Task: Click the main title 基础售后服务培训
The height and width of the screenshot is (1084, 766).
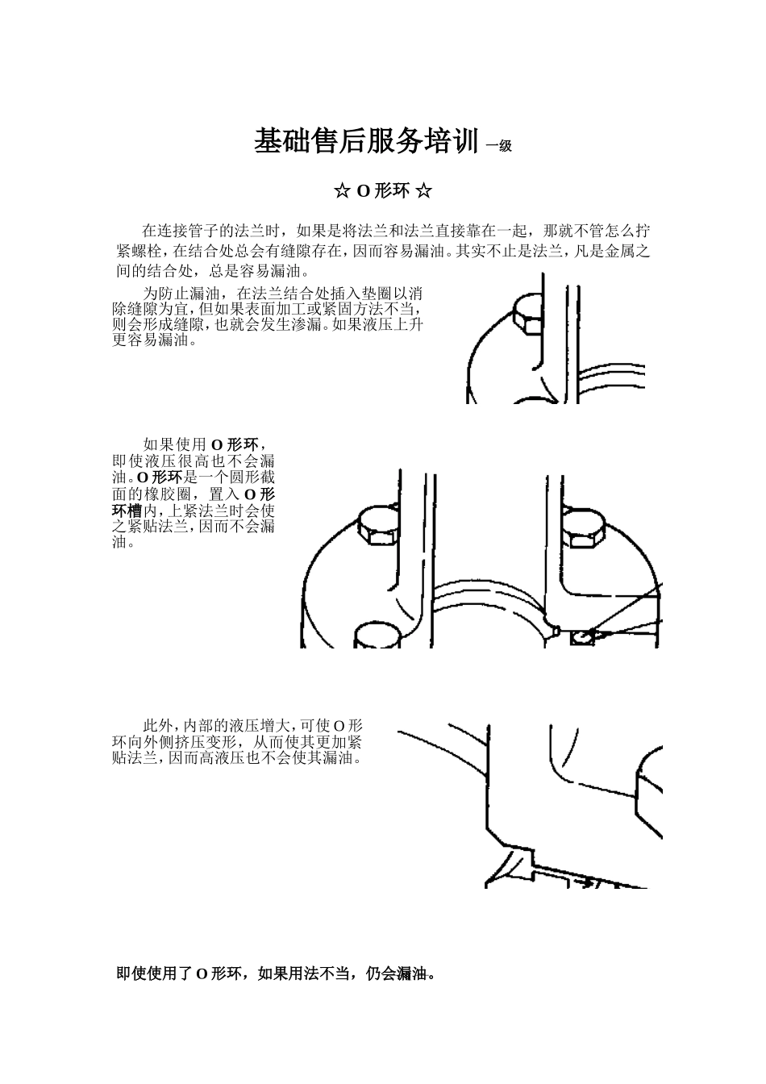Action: point(366,142)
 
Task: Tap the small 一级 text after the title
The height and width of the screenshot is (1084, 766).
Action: point(499,146)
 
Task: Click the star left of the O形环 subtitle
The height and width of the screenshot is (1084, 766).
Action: point(341,191)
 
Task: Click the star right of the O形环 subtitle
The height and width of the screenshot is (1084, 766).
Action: point(424,191)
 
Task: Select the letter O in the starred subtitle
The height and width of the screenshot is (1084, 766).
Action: point(363,191)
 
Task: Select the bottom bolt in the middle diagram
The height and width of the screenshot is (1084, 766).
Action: point(377,636)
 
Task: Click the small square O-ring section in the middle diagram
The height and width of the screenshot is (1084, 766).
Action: point(581,638)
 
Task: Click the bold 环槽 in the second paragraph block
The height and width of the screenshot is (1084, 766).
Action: point(127,511)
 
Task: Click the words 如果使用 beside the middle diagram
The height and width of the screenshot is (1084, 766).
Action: point(176,444)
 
